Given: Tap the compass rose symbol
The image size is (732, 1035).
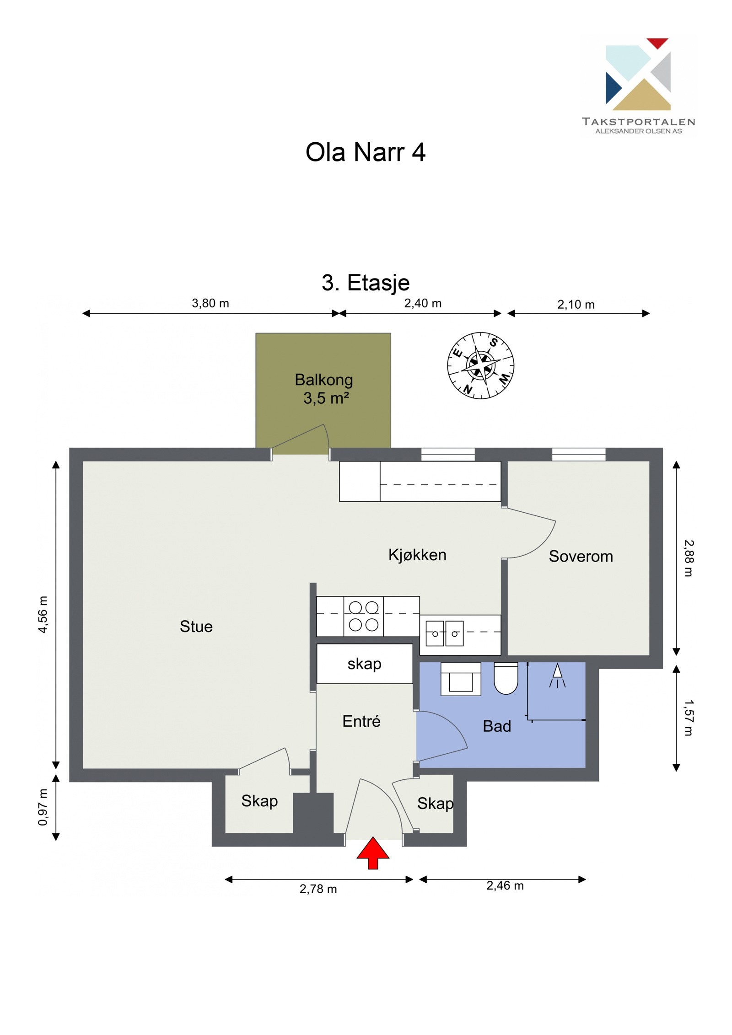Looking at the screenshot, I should click(x=480, y=365).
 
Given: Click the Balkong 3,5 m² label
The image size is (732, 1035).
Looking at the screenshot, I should click(x=324, y=389).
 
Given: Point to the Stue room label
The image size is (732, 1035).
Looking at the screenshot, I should click(x=196, y=627).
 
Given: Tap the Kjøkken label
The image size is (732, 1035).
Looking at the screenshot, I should click(x=417, y=555).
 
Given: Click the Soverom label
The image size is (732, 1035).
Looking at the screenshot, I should click(x=581, y=556).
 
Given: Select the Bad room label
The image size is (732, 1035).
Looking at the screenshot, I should click(x=497, y=726).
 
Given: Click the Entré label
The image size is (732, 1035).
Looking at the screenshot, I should click(x=361, y=721).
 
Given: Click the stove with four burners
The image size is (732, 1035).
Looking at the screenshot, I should click(x=363, y=616).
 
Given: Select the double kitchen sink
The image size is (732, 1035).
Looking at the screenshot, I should click(x=444, y=633).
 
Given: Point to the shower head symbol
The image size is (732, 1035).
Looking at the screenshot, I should click(x=557, y=676).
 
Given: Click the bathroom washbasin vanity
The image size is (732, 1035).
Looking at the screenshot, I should click(x=460, y=679).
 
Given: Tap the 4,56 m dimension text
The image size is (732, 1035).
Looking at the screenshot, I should click(x=43, y=614).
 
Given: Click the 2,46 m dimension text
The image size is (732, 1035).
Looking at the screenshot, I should click(x=505, y=885).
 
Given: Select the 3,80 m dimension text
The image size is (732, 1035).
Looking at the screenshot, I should click(x=210, y=303).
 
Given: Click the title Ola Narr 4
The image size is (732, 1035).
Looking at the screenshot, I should click(x=365, y=152).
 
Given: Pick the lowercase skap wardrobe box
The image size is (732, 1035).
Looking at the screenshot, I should click(x=364, y=664).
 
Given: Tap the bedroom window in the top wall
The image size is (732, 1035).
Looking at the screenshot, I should click(x=578, y=454).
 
